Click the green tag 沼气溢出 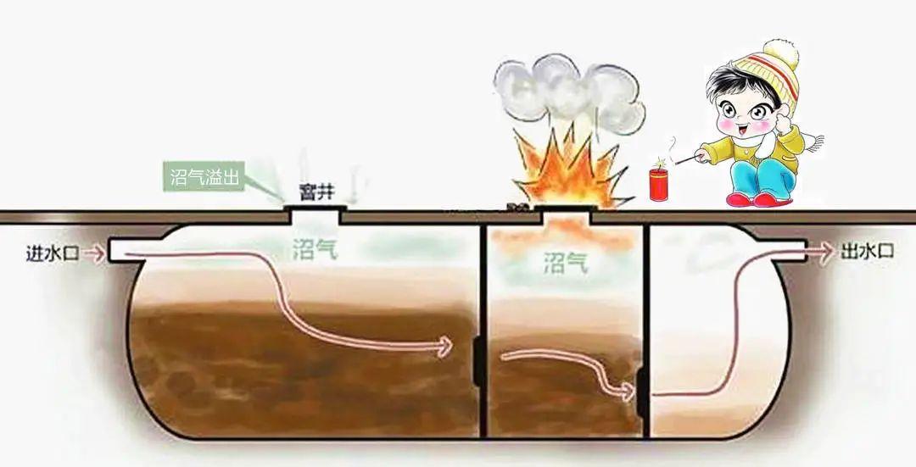coord(204,179)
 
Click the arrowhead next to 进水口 coord(100,253)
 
